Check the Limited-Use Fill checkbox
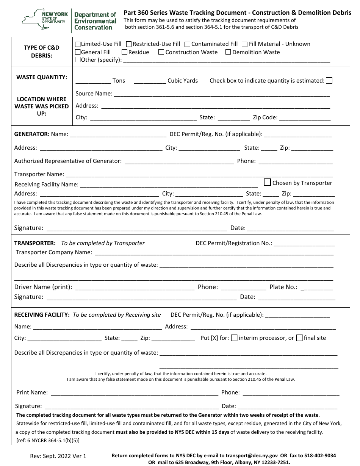point(78,44)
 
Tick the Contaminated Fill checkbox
point(188,44)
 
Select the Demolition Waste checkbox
point(228,52)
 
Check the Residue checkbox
point(124,52)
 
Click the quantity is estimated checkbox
point(329,80)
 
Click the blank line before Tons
point(93,81)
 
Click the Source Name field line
point(222,94)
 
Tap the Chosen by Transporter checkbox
point(268,182)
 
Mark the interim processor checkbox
point(235,338)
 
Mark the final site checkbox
point(299,338)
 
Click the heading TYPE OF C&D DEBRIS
point(42,52)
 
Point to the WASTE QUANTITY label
point(42,77)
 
